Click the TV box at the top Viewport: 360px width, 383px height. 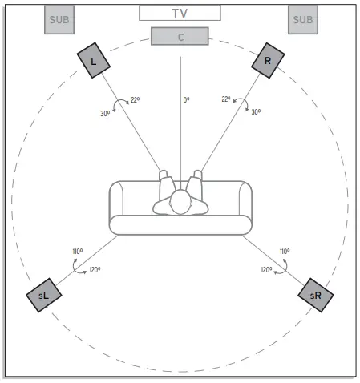180,13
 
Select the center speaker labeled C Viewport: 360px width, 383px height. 180,35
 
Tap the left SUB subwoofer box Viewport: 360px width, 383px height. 60,20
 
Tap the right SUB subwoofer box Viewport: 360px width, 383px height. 303,20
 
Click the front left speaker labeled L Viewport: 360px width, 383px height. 95,61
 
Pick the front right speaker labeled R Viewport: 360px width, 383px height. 268,61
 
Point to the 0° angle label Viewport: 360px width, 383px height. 186,100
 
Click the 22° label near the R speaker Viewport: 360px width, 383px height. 227,99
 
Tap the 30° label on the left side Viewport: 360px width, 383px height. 105,114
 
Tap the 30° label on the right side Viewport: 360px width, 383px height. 256,113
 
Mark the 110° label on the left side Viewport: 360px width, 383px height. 78,251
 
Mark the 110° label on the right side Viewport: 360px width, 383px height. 284,251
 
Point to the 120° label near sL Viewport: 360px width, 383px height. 95,270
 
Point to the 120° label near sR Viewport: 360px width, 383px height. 266,270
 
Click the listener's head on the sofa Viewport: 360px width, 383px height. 181,204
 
